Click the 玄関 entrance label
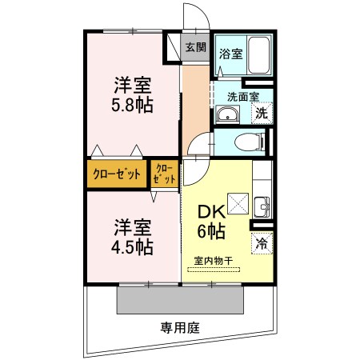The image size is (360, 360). click(x=195, y=47)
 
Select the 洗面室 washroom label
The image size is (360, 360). click(x=242, y=97)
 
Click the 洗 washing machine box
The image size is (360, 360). click(x=261, y=113)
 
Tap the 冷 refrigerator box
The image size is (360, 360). click(x=262, y=243)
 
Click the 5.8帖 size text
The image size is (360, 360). click(x=132, y=104)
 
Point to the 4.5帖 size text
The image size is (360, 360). click(x=132, y=246)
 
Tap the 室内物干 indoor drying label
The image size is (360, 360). click(x=213, y=261)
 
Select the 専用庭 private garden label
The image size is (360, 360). click(x=180, y=327)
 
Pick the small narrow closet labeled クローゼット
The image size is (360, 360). click(x=165, y=174)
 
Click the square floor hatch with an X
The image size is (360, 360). click(x=238, y=203)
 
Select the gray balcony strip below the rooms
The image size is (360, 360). click(x=180, y=300)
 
